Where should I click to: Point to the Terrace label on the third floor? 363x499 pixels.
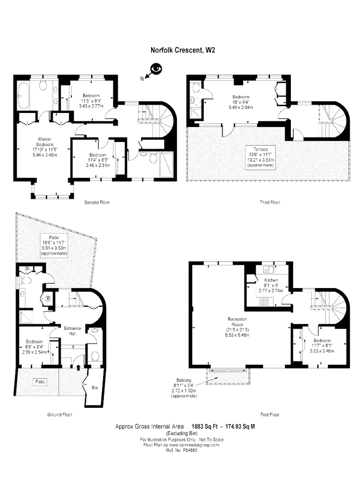click(261, 149)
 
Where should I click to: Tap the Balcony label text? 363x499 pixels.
click(184, 380)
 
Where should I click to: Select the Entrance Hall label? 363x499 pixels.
click(73, 330)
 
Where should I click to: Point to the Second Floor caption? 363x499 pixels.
click(97, 202)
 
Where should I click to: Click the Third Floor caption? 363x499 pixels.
click(270, 202)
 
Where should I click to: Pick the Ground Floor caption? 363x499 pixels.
click(59, 414)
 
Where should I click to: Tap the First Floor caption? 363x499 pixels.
click(269, 414)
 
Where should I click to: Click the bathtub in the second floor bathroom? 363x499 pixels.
click(22, 96)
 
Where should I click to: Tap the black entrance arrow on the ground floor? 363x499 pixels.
click(78, 367)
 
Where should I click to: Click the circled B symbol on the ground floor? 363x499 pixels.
click(48, 299)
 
